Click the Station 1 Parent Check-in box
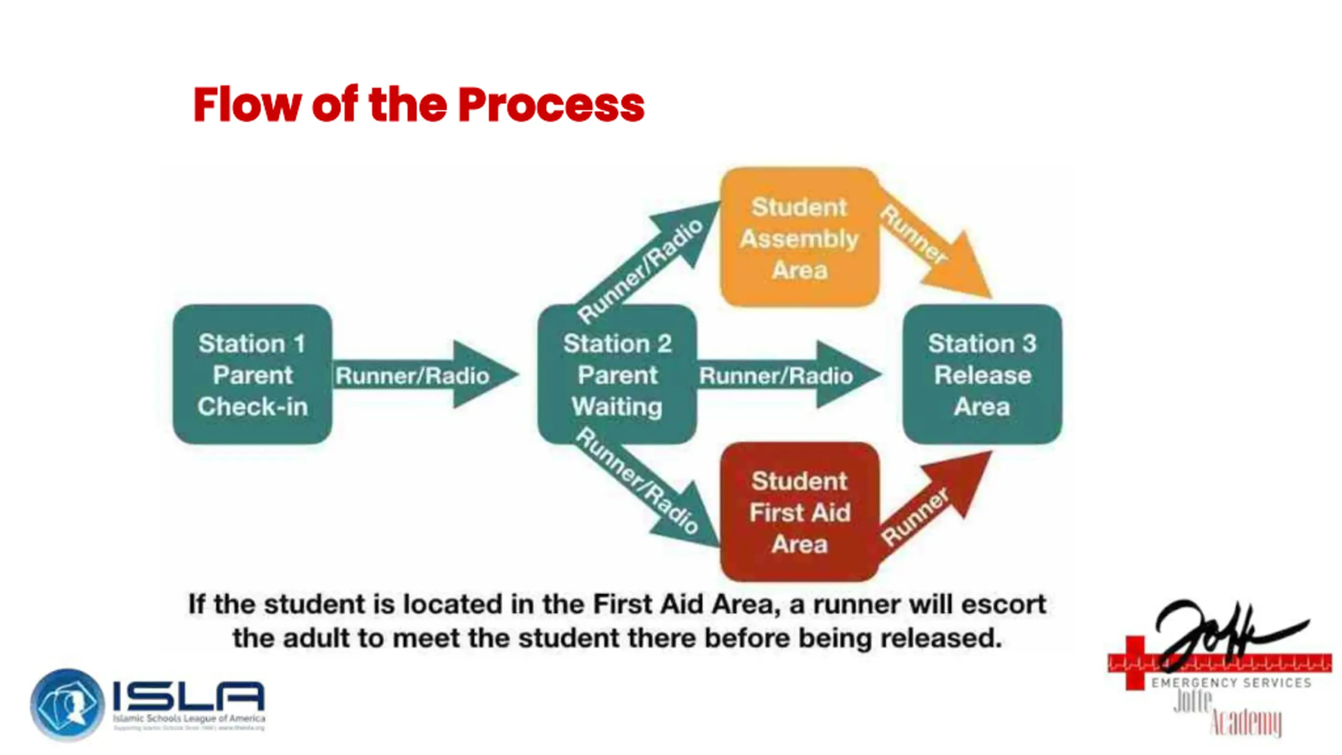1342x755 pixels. pos(252,374)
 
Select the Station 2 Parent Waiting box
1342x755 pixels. pos(617,374)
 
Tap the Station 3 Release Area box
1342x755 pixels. pos(982,374)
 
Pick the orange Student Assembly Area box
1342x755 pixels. pos(799,238)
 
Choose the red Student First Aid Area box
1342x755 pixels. pos(799,512)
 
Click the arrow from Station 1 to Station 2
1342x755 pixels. pos(419,375)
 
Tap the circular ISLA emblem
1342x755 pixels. pos(67,704)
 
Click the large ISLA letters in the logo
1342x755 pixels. pos(189,696)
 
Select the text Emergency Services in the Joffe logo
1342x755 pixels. pos(1231,683)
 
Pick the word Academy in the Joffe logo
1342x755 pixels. pos(1247,722)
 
